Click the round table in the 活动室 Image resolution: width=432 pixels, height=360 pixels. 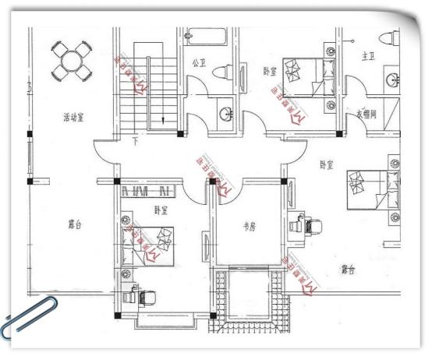point(71,60)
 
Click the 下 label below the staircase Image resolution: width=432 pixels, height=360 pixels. point(135,142)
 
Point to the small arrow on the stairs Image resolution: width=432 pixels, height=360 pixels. point(161,119)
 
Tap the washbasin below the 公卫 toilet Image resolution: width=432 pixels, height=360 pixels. point(226,115)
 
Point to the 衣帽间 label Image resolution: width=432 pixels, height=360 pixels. point(366,114)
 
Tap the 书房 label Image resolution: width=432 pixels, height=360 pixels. point(248,228)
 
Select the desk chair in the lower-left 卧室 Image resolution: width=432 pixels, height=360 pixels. point(147,296)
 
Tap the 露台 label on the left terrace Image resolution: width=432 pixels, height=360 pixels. point(75,224)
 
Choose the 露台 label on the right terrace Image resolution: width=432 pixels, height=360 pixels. point(348,270)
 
